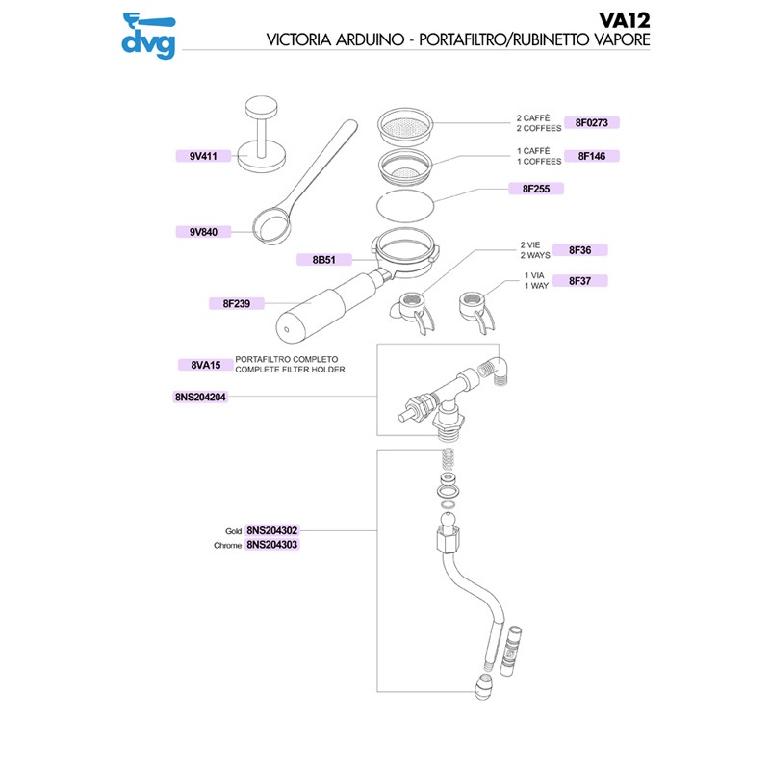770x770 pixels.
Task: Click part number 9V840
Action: point(203,231)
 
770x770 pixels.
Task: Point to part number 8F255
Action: point(535,189)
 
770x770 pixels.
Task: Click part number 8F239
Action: point(236,304)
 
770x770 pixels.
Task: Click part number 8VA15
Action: point(206,365)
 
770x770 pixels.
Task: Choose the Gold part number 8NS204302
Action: point(272,530)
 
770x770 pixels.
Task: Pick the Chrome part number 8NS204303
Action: point(272,545)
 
